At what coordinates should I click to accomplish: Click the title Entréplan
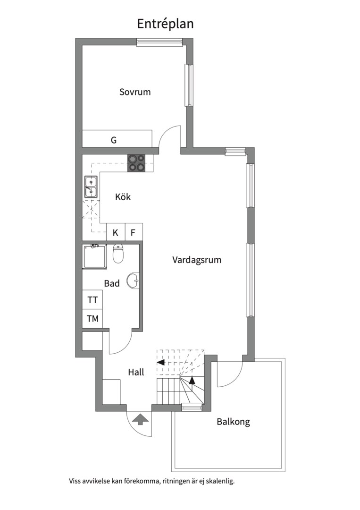(x=165, y=24)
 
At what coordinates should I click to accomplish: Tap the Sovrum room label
(x=135, y=92)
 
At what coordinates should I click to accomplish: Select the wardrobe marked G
(x=114, y=140)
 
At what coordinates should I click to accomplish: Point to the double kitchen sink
(x=91, y=187)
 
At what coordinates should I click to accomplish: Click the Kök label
(x=123, y=197)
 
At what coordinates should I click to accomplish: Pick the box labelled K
(x=115, y=232)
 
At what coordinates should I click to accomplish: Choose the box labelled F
(x=133, y=232)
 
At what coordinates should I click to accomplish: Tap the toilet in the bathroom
(x=118, y=254)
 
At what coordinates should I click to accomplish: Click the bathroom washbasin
(x=134, y=280)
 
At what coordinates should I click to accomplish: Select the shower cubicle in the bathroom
(x=94, y=257)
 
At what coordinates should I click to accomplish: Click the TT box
(x=92, y=300)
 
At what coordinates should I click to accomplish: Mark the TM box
(x=92, y=319)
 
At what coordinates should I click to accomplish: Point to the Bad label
(x=112, y=283)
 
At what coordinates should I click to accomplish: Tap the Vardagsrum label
(x=197, y=260)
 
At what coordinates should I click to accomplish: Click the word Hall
(x=136, y=372)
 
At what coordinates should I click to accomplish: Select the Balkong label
(x=233, y=422)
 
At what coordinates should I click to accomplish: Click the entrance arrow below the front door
(x=140, y=419)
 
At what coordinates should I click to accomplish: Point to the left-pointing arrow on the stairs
(x=160, y=362)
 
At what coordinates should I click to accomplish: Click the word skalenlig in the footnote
(x=219, y=482)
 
